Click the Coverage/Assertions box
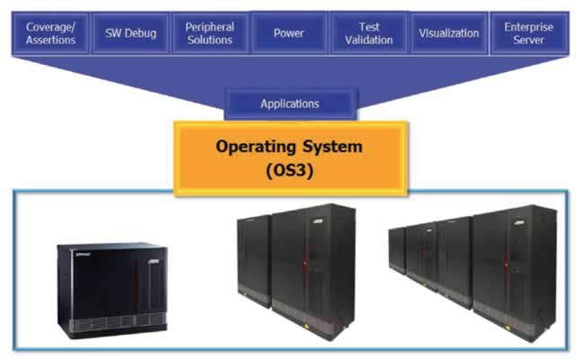[50, 33]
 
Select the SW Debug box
[130, 33]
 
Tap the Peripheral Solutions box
[210, 33]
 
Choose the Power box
[289, 33]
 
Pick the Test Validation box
[369, 33]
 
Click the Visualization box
[449, 33]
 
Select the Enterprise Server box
[528, 33]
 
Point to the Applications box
[290, 103]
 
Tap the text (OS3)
[290, 170]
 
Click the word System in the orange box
[332, 147]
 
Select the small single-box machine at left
[112, 290]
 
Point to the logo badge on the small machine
[154, 262]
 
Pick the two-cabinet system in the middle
[297, 272]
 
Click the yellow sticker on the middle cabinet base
[307, 326]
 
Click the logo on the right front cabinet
[519, 222]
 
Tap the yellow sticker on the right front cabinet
[508, 328]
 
